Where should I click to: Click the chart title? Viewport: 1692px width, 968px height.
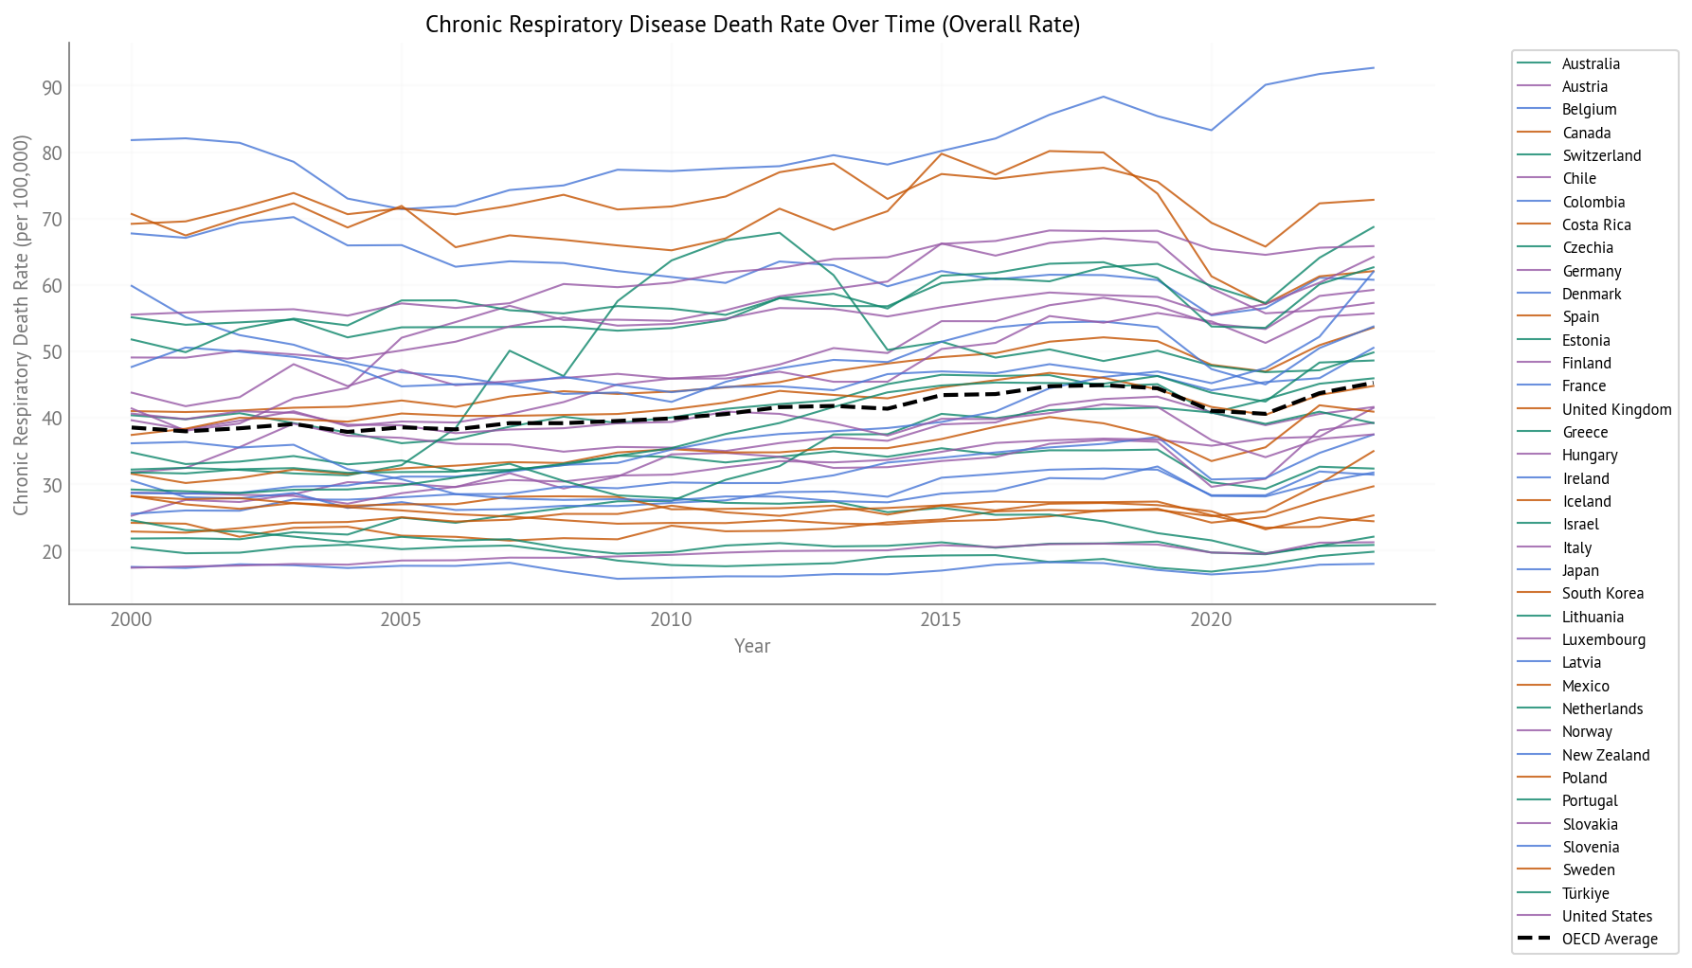point(752,25)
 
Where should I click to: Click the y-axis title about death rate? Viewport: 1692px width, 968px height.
point(22,325)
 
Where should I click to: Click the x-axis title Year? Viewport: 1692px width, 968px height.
point(752,646)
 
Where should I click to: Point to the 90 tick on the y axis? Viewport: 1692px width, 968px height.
point(51,88)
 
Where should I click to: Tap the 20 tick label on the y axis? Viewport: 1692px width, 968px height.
point(51,552)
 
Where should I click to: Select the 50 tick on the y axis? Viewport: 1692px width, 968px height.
point(51,352)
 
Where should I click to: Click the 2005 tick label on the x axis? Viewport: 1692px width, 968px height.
point(401,620)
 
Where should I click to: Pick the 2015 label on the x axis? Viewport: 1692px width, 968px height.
point(941,620)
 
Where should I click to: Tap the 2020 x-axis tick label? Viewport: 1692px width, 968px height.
point(1211,620)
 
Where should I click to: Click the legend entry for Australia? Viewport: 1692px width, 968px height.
point(1591,64)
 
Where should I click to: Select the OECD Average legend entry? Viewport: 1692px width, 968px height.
point(1610,940)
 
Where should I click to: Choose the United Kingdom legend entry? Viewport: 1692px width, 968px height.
point(1616,410)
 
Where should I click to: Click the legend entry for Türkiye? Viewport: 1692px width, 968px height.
point(1585,894)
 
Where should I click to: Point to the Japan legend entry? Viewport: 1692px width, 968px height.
point(1580,571)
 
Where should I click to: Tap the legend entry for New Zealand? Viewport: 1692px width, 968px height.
point(1606,756)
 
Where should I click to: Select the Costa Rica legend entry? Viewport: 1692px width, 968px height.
point(1596,225)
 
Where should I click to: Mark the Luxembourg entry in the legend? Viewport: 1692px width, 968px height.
point(1603,640)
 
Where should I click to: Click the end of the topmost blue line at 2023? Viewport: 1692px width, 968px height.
point(1374,68)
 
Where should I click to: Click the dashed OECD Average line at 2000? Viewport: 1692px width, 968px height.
point(132,428)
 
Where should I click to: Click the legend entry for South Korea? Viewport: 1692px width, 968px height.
point(1602,594)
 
